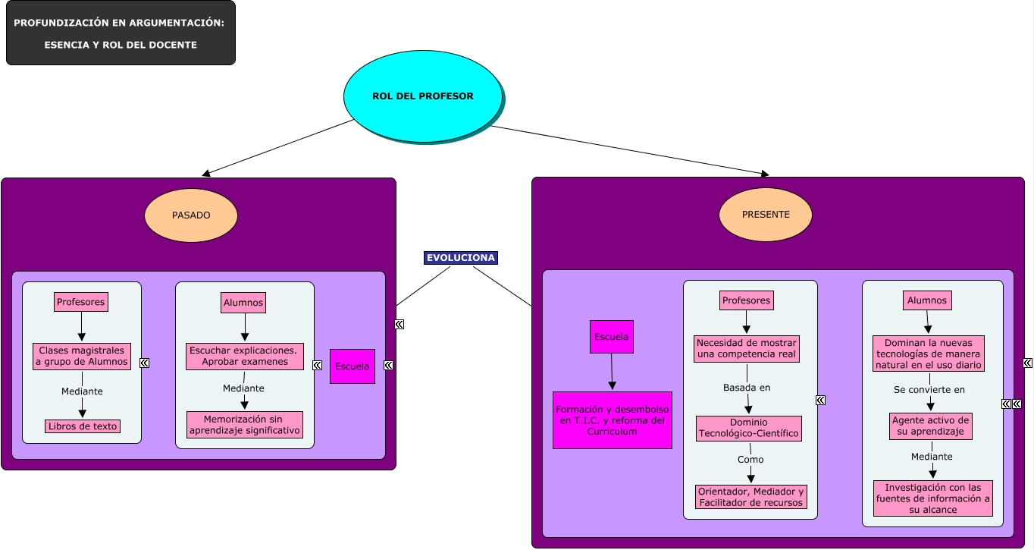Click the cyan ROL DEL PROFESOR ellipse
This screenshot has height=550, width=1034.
click(x=422, y=96)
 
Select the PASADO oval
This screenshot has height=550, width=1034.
click(x=191, y=215)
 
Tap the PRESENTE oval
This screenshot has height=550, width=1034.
click(x=766, y=215)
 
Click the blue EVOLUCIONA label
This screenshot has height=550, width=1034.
click(x=461, y=258)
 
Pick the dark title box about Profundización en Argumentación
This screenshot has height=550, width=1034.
click(x=121, y=33)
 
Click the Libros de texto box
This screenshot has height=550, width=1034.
click(x=83, y=426)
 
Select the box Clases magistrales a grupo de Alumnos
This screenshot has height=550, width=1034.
click(x=82, y=357)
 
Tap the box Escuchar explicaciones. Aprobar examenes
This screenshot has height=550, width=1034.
click(x=244, y=357)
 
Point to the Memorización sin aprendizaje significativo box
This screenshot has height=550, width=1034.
click(x=245, y=425)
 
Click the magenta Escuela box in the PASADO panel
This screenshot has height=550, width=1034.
click(x=352, y=366)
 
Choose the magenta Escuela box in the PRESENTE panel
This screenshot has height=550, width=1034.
click(x=611, y=337)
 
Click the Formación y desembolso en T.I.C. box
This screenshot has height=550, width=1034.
click(x=613, y=420)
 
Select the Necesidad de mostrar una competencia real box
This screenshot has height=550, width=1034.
click(x=747, y=349)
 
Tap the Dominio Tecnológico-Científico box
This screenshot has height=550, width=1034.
click(x=748, y=429)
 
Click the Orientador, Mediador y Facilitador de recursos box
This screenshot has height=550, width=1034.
click(x=750, y=497)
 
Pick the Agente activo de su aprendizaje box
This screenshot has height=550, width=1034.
click(x=931, y=426)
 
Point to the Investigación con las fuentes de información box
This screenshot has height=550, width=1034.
click(x=933, y=498)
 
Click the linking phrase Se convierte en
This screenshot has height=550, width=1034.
click(x=929, y=390)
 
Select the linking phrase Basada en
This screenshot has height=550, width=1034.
click(x=747, y=388)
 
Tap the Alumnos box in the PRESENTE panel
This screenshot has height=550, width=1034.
click(x=927, y=300)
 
